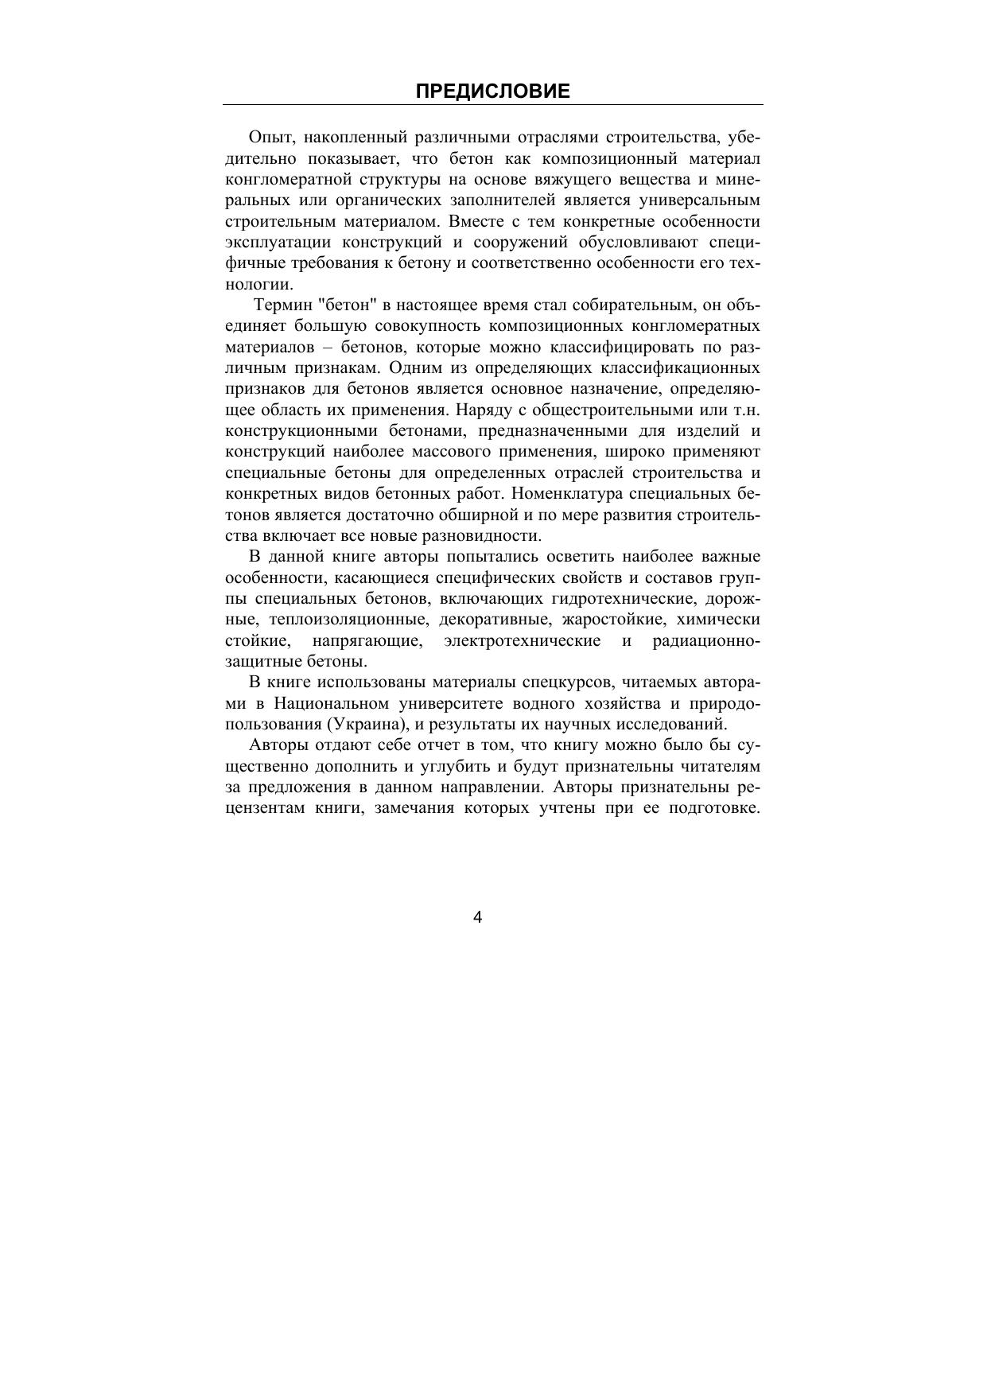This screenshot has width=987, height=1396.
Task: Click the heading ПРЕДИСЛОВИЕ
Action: pos(492,91)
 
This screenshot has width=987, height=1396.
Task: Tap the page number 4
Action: pos(478,917)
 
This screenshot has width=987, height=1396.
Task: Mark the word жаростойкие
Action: pos(607,619)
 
